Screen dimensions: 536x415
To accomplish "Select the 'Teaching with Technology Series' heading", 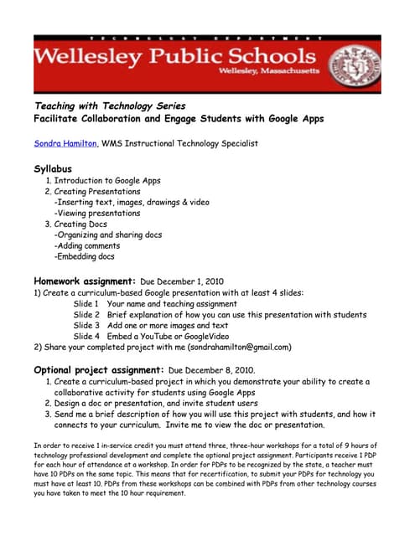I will (x=109, y=106).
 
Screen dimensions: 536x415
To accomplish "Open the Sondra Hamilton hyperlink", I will (x=65, y=143).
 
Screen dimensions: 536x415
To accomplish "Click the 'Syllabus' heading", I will (x=53, y=168).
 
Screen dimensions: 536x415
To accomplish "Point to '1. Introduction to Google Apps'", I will (x=102, y=181).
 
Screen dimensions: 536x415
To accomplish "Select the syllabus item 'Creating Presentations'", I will (x=96, y=192).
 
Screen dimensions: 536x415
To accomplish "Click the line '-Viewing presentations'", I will (x=97, y=214).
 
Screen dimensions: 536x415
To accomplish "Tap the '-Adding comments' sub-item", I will (x=86, y=246).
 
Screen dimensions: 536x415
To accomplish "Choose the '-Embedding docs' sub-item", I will (x=85, y=257).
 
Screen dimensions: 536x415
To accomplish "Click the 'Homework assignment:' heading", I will (x=85, y=281).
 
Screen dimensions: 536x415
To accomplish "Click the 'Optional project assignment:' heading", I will (x=98, y=369).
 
